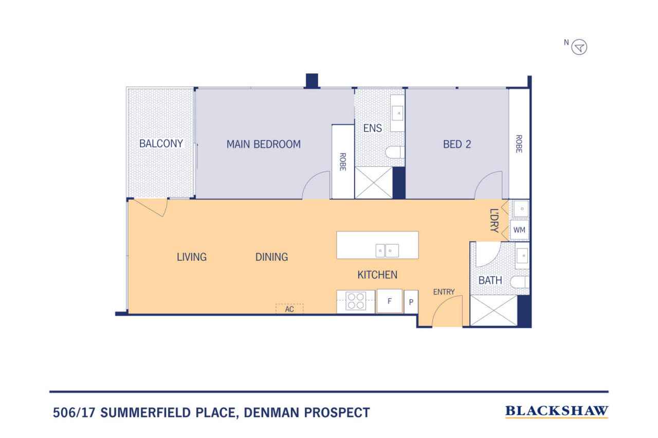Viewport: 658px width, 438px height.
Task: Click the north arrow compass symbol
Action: click(x=579, y=47)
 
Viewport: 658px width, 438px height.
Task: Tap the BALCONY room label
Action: click(x=161, y=143)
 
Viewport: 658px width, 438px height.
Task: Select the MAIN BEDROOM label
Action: click(x=264, y=144)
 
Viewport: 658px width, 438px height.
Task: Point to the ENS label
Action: click(x=373, y=128)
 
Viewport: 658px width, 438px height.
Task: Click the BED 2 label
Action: click(x=457, y=144)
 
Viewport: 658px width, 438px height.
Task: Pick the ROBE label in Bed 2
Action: click(x=519, y=144)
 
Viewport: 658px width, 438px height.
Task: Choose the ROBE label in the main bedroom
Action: click(x=342, y=162)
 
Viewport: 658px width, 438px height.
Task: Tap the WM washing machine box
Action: click(x=519, y=230)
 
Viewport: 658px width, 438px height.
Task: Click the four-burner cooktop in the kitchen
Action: click(x=356, y=301)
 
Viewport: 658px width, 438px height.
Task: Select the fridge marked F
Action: click(x=390, y=301)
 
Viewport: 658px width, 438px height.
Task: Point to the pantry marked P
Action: click(x=411, y=301)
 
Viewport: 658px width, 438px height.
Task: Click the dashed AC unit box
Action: click(x=289, y=309)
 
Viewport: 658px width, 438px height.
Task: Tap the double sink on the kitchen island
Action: click(x=387, y=251)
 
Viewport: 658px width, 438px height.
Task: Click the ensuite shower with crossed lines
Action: click(x=374, y=183)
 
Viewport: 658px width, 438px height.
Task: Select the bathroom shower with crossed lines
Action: click(x=493, y=310)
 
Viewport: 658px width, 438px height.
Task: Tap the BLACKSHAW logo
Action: click(x=556, y=411)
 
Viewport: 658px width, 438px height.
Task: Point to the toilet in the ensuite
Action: click(x=395, y=153)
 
